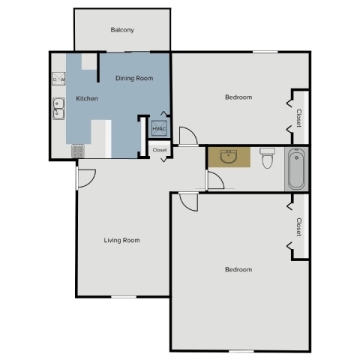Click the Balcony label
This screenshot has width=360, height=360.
(122, 30)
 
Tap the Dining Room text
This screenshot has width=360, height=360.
(134, 78)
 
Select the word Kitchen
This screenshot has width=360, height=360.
(88, 99)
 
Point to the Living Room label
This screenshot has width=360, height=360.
(121, 240)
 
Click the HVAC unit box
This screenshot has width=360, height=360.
(159, 128)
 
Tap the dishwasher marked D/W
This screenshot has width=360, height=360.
(58, 79)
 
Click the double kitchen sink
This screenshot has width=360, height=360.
(58, 109)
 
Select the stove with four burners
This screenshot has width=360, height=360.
(77, 150)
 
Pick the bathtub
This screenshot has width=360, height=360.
(296, 169)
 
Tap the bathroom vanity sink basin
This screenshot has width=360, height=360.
(229, 157)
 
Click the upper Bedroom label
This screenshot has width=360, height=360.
(238, 97)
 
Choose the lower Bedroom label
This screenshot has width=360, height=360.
(238, 269)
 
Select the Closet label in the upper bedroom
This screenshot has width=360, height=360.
(298, 118)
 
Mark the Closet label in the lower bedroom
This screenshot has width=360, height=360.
(298, 227)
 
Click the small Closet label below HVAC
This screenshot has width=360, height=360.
(160, 150)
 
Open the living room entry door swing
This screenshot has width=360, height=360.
(85, 178)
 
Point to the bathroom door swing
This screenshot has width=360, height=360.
(214, 181)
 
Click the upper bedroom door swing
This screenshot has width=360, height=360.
(188, 136)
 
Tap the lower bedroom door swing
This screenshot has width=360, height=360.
(188, 200)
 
